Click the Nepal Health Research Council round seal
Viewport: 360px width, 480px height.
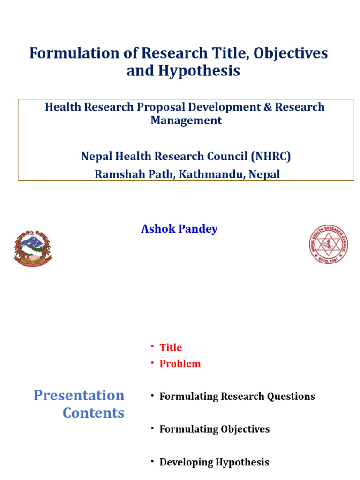[x=328, y=244]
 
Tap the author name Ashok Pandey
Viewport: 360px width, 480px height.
[x=180, y=229]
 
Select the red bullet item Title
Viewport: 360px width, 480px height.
[x=171, y=347]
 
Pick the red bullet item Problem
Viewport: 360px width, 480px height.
[x=180, y=364]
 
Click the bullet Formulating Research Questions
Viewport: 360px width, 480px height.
[x=237, y=397]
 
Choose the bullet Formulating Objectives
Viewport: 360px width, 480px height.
[x=215, y=429]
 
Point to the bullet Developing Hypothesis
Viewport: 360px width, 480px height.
[x=214, y=462]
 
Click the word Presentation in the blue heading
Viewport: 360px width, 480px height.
[x=79, y=395]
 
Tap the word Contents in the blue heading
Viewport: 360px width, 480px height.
[x=94, y=413]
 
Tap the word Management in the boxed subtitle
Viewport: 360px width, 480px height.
[x=186, y=120]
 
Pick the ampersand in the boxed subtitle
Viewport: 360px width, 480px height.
[x=267, y=107]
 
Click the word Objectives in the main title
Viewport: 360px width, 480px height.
[x=291, y=53]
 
